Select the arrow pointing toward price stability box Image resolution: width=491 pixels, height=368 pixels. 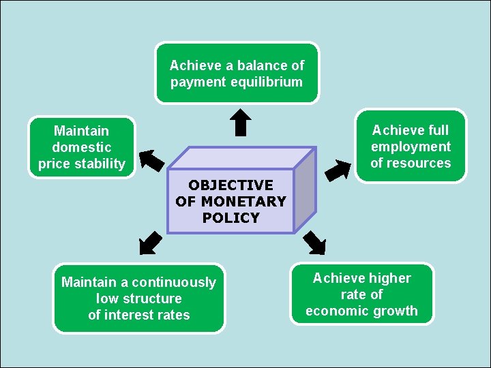pyautogui.click(x=151, y=160)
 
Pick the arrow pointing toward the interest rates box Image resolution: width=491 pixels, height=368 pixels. pyautogui.click(x=151, y=242)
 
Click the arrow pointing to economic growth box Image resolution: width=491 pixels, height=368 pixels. pyautogui.click(x=315, y=243)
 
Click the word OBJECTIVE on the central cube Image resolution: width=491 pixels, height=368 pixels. pyautogui.click(x=230, y=185)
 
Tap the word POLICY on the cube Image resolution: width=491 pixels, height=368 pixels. pyautogui.click(x=230, y=218)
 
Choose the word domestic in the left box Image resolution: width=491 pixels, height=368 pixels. pyautogui.click(x=82, y=147)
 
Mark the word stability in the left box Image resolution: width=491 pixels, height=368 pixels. pyautogui.click(x=102, y=164)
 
